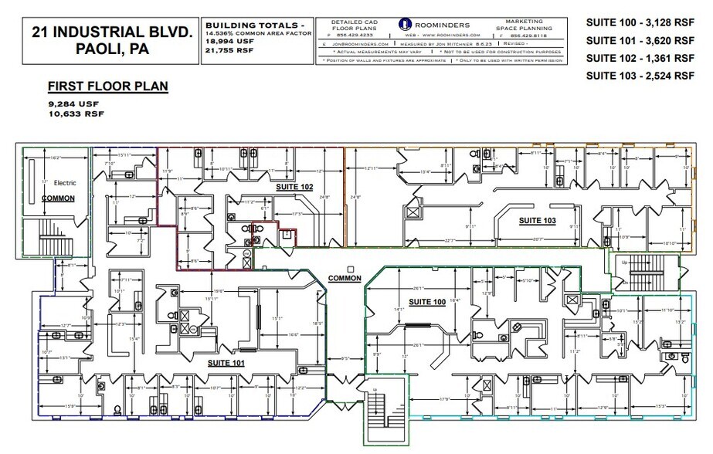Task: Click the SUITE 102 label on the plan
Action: click(x=294, y=187)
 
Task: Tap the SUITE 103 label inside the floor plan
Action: click(x=537, y=220)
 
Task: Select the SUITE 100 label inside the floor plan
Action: click(x=426, y=300)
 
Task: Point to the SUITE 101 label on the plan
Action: click(x=226, y=361)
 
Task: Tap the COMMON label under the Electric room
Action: click(x=58, y=198)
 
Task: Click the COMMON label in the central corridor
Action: click(x=345, y=278)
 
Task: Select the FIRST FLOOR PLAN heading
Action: click(x=107, y=86)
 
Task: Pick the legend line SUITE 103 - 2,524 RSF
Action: click(x=640, y=76)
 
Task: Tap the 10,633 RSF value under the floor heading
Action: click(x=76, y=113)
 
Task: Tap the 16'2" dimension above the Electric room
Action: click(x=56, y=158)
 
